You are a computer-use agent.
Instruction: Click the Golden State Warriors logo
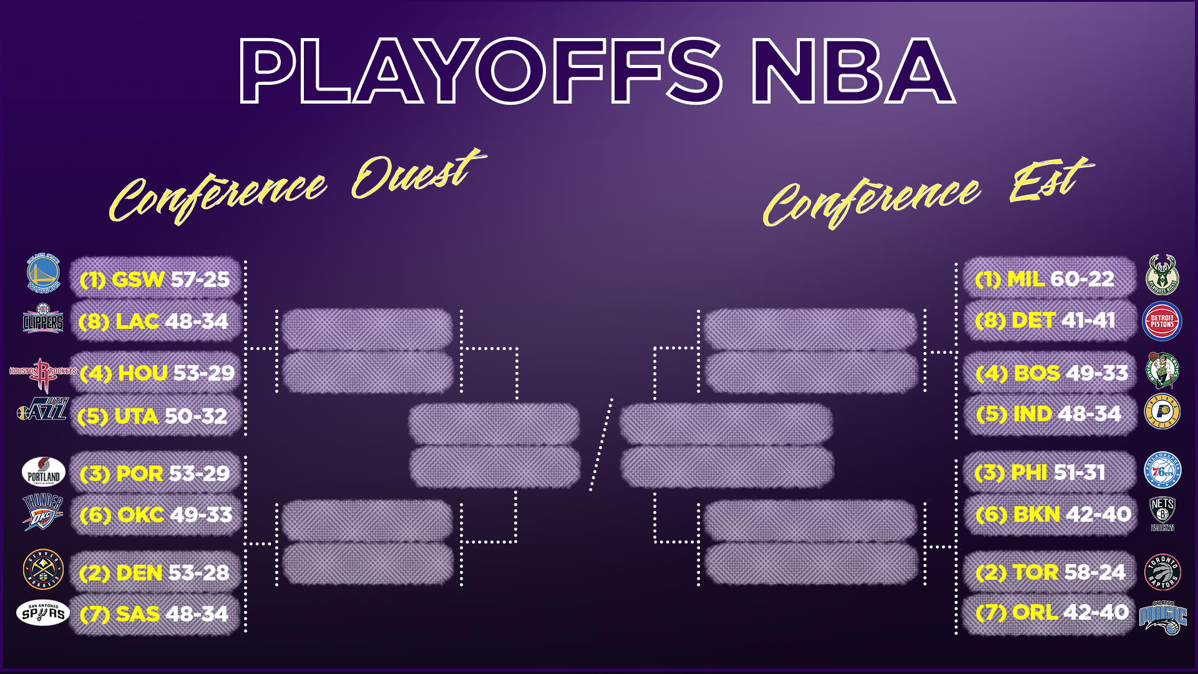[x=44, y=273]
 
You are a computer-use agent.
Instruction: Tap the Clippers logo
[x=43, y=319]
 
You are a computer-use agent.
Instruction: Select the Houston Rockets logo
[x=42, y=373]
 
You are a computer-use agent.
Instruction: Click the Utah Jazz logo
[x=42, y=409]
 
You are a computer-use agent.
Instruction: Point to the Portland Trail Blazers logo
[x=44, y=472]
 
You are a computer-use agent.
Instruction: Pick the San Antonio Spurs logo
[x=42, y=613]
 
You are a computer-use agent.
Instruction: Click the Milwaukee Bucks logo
[x=1162, y=275]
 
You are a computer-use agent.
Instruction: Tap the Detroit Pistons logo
[x=1162, y=321]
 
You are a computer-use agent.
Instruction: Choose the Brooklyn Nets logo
[x=1162, y=514]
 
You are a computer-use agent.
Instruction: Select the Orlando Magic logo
[x=1163, y=617]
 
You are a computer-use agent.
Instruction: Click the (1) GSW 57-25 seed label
[x=155, y=279]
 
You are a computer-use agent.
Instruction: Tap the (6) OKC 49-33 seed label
[x=156, y=515]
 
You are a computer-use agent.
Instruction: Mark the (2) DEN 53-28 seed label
[x=154, y=573]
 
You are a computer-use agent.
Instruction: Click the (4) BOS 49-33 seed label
[x=1052, y=373]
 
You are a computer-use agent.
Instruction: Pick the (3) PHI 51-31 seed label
[x=1040, y=472]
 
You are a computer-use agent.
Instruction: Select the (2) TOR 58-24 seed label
[x=1051, y=572]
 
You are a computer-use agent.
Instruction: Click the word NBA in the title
[x=853, y=70]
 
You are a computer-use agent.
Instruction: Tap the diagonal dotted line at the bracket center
[x=601, y=444]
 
